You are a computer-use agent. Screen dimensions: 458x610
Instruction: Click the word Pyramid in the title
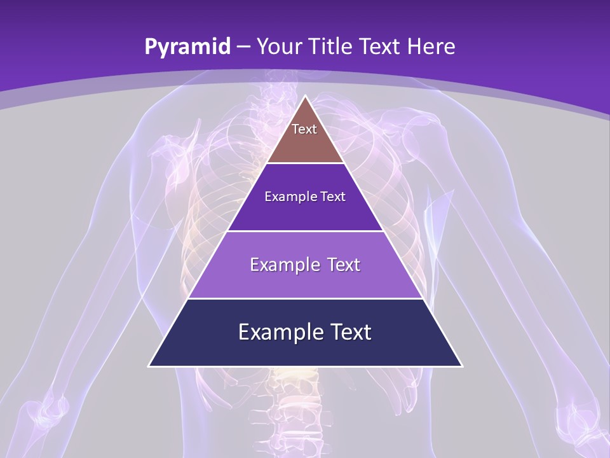[187, 47]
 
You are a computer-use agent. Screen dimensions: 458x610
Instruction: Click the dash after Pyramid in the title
[243, 47]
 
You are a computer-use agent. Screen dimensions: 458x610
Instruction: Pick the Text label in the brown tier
[304, 129]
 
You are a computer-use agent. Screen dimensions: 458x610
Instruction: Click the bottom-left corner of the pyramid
[149, 366]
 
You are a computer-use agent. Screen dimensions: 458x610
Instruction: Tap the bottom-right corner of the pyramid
[462, 366]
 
